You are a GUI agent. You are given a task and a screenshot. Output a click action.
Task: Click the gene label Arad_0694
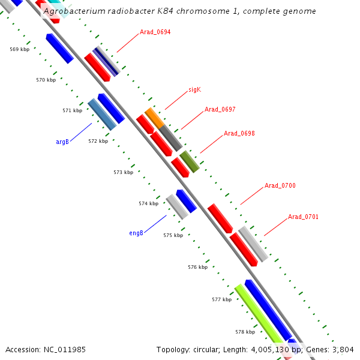pyautogui.click(x=155, y=32)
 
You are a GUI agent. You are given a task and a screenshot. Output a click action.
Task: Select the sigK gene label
pyautogui.click(x=194, y=89)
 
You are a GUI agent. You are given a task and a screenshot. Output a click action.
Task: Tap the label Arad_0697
pyautogui.click(x=220, y=109)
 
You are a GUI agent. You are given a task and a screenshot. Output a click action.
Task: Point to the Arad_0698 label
pyautogui.click(x=239, y=133)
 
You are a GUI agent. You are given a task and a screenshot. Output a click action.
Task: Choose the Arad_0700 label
pyautogui.click(x=280, y=186)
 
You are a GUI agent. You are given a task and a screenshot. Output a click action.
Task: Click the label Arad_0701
pyautogui.click(x=304, y=217)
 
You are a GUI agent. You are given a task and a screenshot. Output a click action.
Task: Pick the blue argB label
pyautogui.click(x=62, y=142)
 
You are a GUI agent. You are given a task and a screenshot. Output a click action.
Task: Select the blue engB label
pyautogui.click(x=136, y=233)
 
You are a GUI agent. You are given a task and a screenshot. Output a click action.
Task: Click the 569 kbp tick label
pyautogui.click(x=20, y=49)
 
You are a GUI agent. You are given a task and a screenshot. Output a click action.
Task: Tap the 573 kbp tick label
pyautogui.click(x=123, y=172)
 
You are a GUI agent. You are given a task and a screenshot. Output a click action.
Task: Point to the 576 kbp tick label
pyautogui.click(x=197, y=267)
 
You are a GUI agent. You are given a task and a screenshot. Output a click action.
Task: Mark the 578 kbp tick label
pyautogui.click(x=245, y=332)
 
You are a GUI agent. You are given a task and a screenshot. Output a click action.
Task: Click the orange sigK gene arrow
pyautogui.click(x=154, y=117)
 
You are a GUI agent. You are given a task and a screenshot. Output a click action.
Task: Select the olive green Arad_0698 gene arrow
pyautogui.click(x=189, y=161)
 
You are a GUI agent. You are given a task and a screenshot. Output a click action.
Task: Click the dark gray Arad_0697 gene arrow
pyautogui.click(x=170, y=138)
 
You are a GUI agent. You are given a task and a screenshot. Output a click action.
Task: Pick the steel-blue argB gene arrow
pyautogui.click(x=101, y=115)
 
